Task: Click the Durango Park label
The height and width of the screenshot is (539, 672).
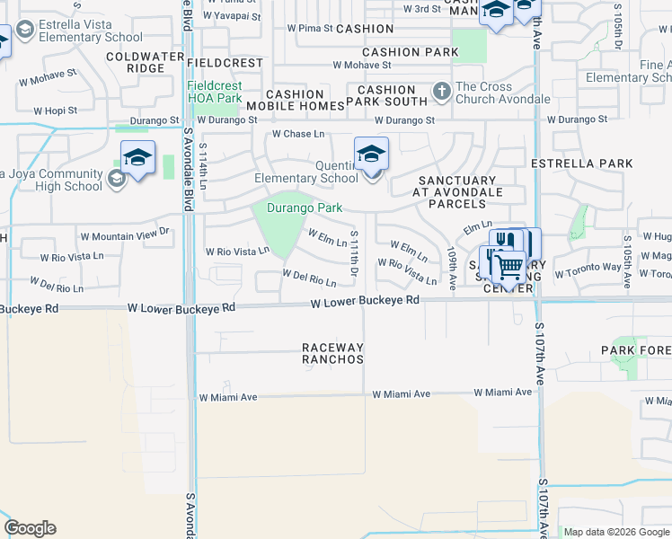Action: pos(305,208)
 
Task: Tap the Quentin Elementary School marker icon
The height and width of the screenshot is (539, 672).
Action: pos(371,155)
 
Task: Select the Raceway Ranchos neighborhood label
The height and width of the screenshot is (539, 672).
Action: pos(332,353)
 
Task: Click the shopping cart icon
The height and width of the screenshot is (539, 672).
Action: pos(508,265)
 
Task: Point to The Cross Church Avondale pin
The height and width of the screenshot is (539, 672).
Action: pos(441,91)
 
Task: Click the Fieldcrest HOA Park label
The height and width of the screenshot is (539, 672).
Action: pos(214,92)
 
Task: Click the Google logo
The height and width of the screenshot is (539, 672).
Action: pos(31,528)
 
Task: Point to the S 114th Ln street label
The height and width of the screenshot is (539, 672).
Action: pos(204,167)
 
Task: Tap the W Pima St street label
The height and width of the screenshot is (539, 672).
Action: pos(310,29)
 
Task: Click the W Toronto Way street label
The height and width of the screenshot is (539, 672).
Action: pos(588,269)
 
